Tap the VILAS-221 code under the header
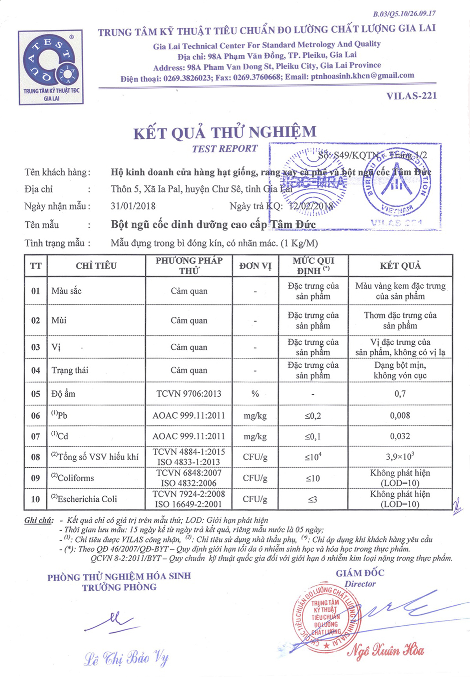411,96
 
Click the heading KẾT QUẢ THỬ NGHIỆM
225,132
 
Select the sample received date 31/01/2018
133,206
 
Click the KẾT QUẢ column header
400,266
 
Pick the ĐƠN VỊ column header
255,266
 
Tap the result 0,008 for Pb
400,416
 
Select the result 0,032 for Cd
400,436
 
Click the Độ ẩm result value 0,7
400,394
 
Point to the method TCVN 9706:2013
189,394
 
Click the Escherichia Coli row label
84,499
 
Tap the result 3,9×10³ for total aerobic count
400,457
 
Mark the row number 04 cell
36,370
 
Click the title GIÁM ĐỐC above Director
360,573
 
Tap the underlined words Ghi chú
38,521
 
